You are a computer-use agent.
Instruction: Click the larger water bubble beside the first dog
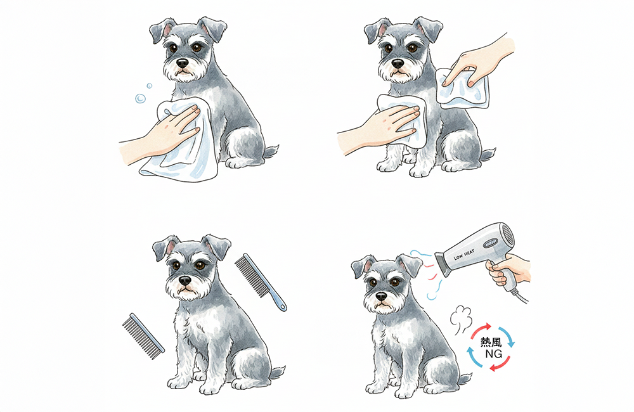point(140,98)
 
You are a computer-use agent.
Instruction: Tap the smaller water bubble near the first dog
point(149,86)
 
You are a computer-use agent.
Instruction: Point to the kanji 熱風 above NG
point(491,342)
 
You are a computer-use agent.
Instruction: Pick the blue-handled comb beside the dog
point(261,282)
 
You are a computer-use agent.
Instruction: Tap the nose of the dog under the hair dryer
point(381,297)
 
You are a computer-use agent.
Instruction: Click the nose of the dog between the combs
point(184,280)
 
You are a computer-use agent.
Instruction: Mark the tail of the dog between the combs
point(278,371)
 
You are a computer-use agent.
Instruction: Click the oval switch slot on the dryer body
point(491,243)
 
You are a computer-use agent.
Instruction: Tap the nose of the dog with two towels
point(398,63)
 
